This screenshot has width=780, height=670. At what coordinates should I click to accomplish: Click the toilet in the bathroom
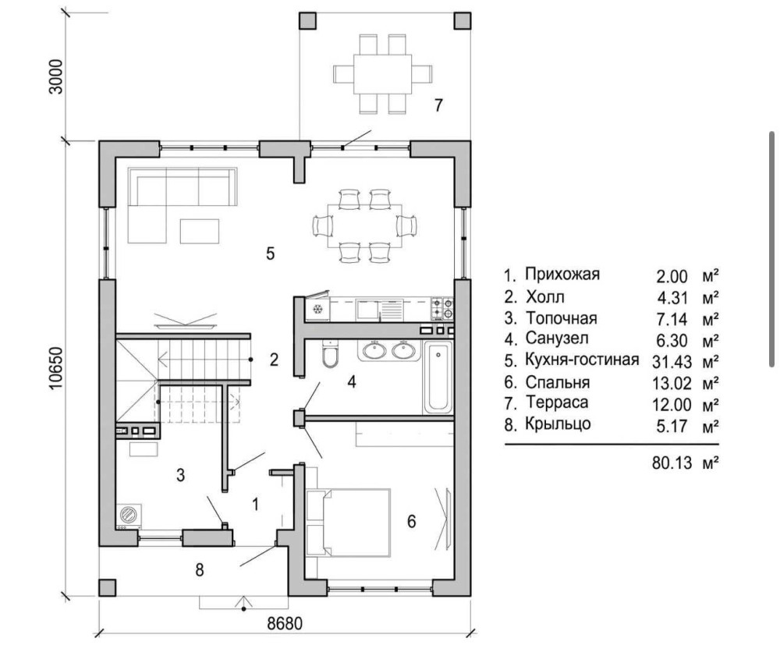point(329,353)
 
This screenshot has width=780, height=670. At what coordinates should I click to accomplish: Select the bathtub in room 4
point(438,377)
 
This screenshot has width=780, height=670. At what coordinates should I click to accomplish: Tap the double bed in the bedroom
point(349,523)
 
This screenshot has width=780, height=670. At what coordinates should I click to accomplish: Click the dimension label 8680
point(285,623)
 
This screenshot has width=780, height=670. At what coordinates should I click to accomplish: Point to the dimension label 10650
point(56,368)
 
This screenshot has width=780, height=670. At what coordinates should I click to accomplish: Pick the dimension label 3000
point(56,76)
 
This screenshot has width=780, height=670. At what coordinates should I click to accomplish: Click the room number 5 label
point(270,253)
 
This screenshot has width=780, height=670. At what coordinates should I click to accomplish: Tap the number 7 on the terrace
point(438,105)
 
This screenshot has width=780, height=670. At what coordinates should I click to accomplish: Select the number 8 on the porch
point(200,570)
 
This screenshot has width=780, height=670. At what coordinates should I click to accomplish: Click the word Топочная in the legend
point(562,317)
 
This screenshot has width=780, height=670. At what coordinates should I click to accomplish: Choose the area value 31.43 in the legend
point(672,362)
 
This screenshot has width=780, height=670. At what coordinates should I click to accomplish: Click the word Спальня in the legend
point(558,382)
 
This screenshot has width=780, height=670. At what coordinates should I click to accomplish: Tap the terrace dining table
point(382,74)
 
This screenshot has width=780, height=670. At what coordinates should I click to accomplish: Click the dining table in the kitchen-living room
point(365,226)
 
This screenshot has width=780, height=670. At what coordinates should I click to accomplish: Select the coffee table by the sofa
point(200,232)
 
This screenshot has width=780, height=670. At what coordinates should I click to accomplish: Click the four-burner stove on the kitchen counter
point(441,309)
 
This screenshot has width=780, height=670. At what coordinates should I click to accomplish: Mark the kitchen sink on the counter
point(367,310)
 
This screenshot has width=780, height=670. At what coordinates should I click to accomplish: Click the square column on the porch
point(107,587)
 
